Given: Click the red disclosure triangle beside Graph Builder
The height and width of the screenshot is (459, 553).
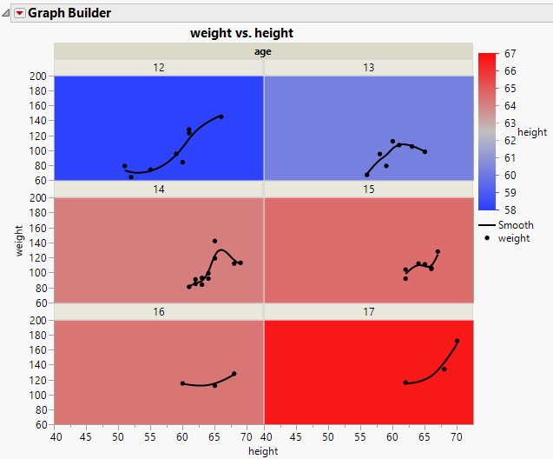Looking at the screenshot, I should pos(20,13).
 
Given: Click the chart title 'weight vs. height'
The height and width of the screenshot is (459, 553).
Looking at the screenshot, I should pos(241,33).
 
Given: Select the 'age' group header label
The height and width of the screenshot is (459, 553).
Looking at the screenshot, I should pos(262,51).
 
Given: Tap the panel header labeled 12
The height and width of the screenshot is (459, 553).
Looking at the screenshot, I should pos(159,68).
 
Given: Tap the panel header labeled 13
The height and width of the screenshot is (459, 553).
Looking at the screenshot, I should pos(368,68).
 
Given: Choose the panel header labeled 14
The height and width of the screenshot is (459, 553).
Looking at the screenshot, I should pos(159,190).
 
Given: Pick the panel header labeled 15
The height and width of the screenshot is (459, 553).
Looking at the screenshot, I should pos(368,190).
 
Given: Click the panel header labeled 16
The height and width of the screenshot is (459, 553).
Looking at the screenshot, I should pos(159,311).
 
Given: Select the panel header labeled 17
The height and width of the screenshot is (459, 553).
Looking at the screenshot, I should pos(368,311).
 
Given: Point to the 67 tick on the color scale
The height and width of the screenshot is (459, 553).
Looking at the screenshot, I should pos(512,54).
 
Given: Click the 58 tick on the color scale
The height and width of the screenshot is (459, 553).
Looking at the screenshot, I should pos(512,209).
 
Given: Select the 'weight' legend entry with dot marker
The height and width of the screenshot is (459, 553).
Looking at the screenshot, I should pos(513,238).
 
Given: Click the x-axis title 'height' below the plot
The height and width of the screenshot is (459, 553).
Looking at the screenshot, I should pos(263,451).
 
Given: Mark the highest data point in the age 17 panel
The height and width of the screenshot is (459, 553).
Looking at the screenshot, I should pos(457,341).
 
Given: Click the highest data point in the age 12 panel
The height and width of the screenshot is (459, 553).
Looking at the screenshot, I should pos(221,116).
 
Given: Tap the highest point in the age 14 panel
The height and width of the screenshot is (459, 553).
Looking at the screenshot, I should pos(214,241).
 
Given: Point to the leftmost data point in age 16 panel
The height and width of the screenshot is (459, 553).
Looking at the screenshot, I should pos(182,383).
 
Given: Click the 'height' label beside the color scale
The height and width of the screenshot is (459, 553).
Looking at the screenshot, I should pos(532,132).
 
